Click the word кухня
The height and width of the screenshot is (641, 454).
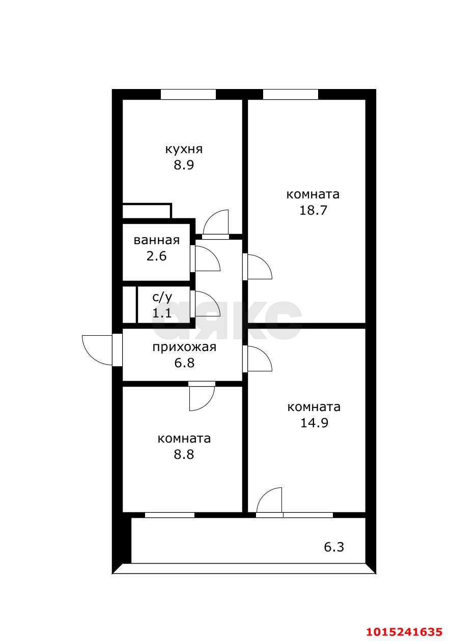[x=184, y=149]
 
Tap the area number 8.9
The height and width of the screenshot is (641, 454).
[x=184, y=165]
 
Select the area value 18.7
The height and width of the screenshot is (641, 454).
[x=313, y=210]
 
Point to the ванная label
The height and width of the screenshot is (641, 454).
[x=156, y=240]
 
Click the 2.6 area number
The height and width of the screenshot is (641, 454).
[x=156, y=256]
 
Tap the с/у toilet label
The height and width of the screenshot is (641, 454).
[x=162, y=298]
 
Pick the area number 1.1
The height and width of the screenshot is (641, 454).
[x=162, y=313]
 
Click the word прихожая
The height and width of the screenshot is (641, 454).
[x=184, y=347]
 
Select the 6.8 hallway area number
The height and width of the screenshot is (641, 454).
[x=184, y=363]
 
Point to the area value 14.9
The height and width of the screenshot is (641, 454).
[x=314, y=422]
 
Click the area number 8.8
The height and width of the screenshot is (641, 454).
[x=184, y=454]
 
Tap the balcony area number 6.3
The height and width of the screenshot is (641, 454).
[x=334, y=547]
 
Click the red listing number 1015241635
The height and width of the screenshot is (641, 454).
[x=404, y=631]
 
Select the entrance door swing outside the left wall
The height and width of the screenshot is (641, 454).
[x=98, y=349]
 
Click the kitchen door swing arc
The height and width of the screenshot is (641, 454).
[x=216, y=222]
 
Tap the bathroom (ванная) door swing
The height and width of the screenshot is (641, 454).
[x=207, y=259]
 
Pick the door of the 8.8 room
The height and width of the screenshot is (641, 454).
[x=202, y=397]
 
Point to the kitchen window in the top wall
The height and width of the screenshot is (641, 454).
[x=188, y=94]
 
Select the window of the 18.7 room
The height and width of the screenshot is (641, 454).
[x=290, y=94]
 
